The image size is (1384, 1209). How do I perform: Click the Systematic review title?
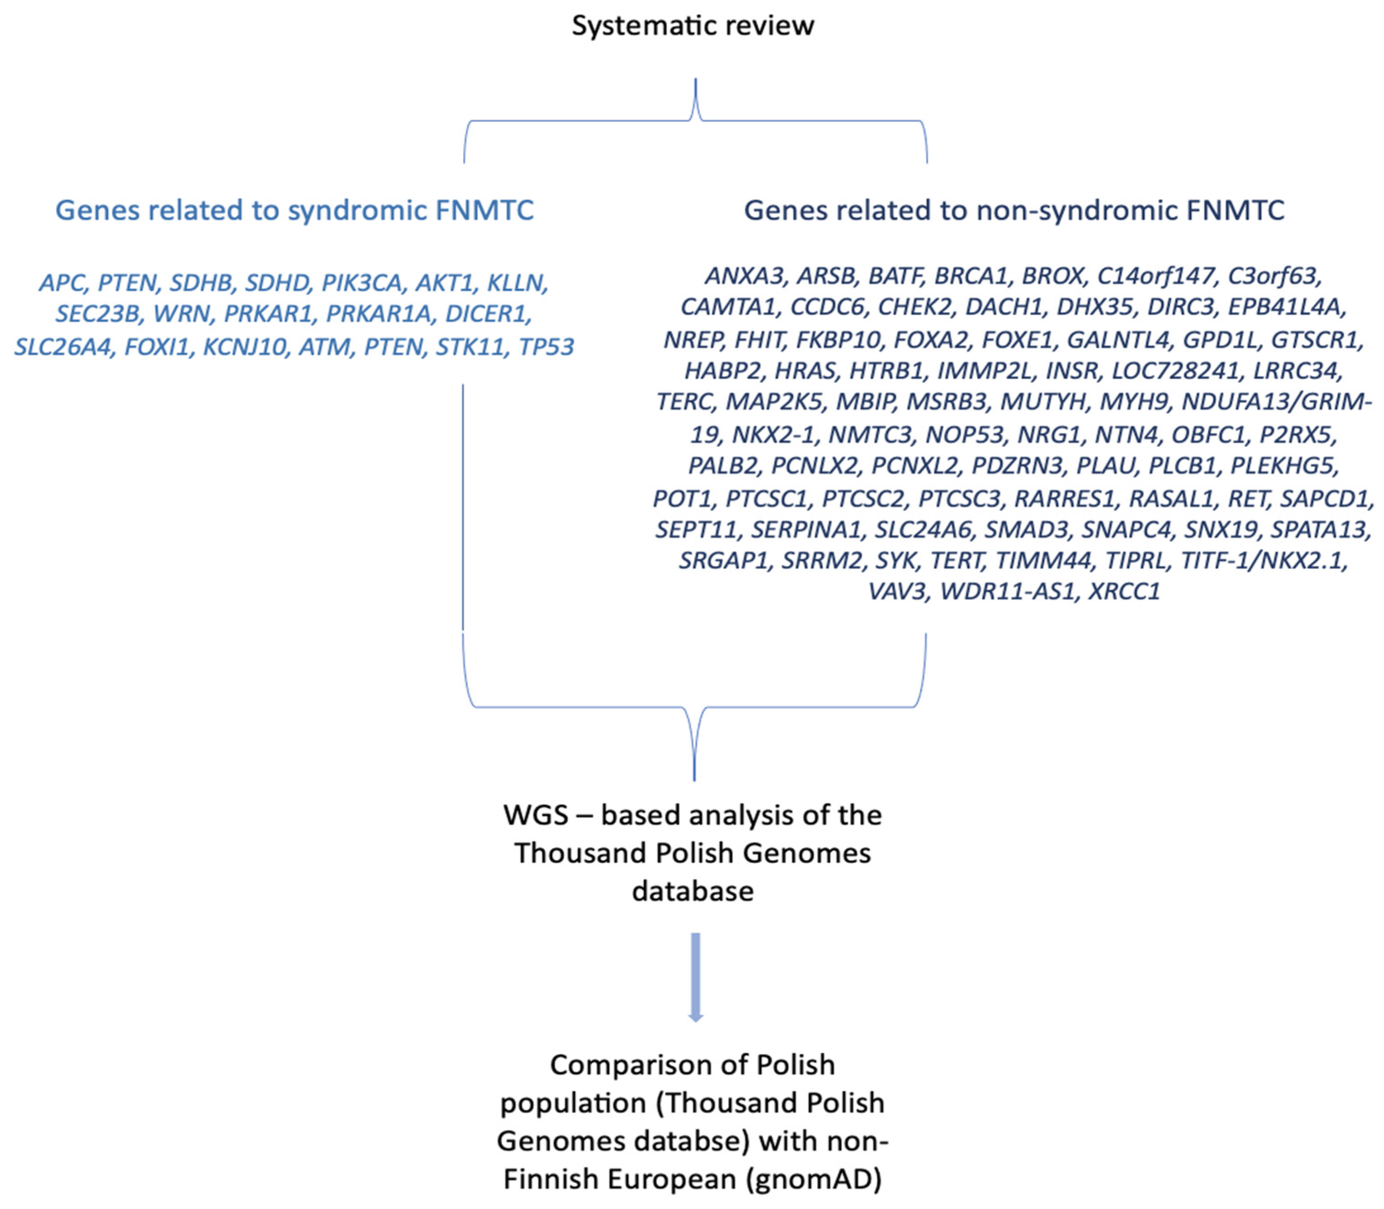click(693, 26)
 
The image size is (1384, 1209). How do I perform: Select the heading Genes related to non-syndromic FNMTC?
click(1014, 210)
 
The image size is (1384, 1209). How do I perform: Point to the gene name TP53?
click(546, 346)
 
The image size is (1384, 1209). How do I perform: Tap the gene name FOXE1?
click(1017, 339)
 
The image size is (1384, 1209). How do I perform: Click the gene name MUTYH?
click(1043, 402)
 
